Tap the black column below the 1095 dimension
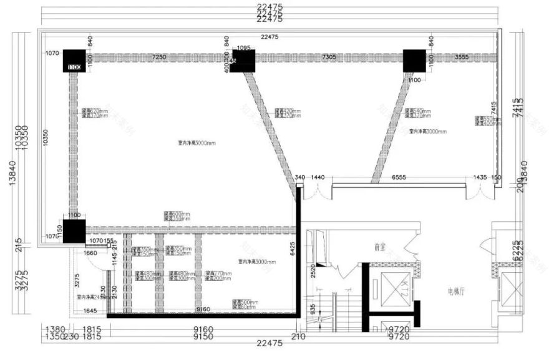click(243, 61)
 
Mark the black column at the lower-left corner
click(74, 230)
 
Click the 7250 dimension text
click(159, 57)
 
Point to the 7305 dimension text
click(329, 57)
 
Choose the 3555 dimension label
click(462, 57)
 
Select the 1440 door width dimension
click(319, 178)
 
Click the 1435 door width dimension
click(479, 178)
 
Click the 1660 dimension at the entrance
click(91, 253)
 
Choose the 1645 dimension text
click(90, 310)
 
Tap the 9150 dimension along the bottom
click(203, 337)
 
